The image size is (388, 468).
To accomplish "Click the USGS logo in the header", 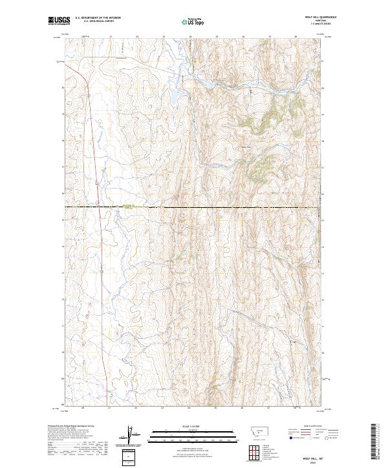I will click(59, 21).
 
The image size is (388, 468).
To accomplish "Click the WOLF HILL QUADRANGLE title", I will click(314, 18).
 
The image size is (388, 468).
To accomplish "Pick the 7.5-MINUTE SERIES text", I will click(314, 25).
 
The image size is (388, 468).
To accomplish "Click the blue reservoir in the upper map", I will click(176, 95).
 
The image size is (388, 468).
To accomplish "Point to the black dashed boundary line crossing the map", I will click(194, 207).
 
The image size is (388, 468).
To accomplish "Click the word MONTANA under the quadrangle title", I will click(314, 22).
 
